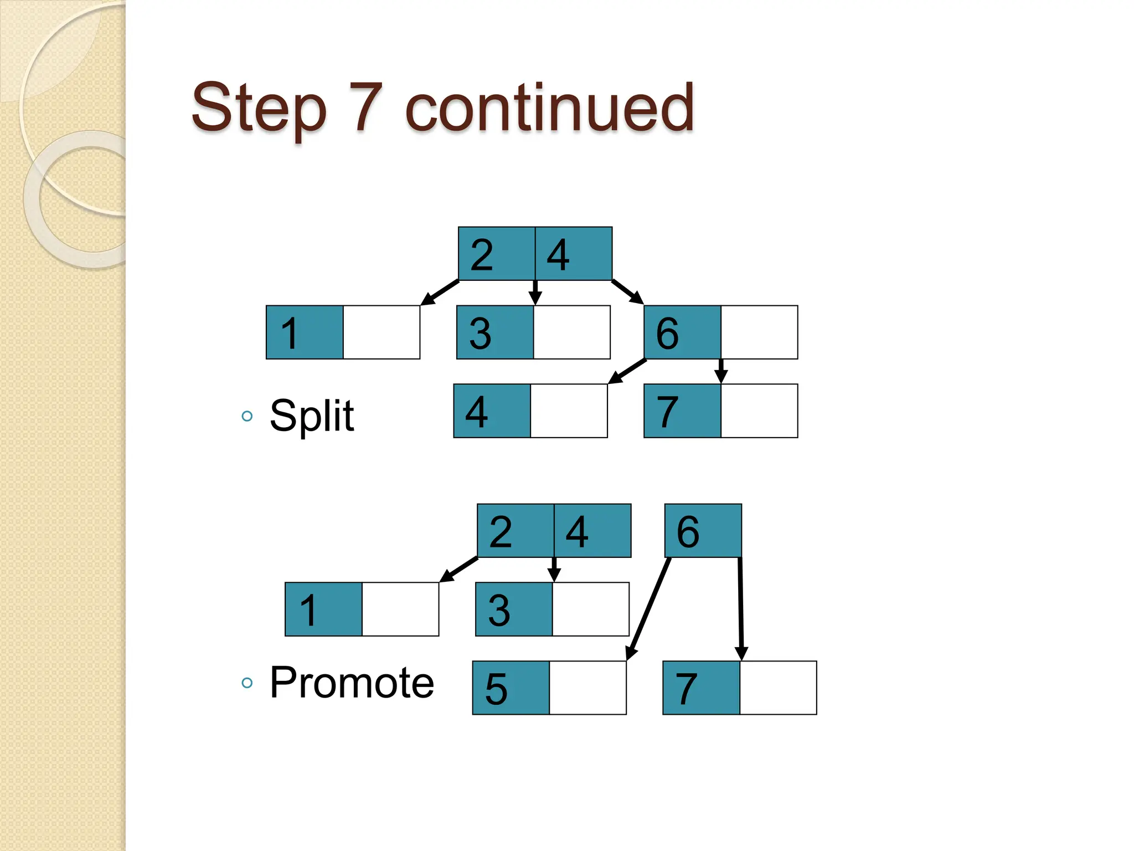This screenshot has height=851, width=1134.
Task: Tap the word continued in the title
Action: pyautogui.click(x=549, y=107)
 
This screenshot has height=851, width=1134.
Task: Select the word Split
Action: pyautogui.click(x=311, y=416)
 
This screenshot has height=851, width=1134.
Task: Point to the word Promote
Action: pyautogui.click(x=352, y=683)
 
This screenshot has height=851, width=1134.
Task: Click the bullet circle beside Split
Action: pyautogui.click(x=247, y=416)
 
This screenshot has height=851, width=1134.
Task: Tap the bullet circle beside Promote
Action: pyautogui.click(x=247, y=683)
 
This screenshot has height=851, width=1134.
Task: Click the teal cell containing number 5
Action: pyautogui.click(x=511, y=688)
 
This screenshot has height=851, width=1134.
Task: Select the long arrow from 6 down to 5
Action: pyautogui.click(x=649, y=608)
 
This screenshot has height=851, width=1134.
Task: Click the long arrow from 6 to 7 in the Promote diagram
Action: pyautogui.click(x=740, y=608)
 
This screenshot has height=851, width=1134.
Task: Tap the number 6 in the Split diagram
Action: pyautogui.click(x=667, y=334)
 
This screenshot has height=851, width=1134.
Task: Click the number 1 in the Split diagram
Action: pyautogui.click(x=290, y=334)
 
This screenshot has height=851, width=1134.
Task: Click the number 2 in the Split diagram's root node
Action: pyautogui.click(x=482, y=255)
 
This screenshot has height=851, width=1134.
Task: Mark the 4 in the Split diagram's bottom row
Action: pyautogui.click(x=477, y=412)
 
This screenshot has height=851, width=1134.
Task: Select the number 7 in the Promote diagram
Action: pyautogui.click(x=686, y=689)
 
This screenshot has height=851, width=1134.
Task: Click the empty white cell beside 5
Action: pyautogui.click(x=587, y=688)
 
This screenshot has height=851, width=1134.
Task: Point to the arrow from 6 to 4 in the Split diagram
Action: pyautogui.click(x=627, y=371)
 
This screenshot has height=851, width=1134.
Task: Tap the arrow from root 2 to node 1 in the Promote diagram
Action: pyautogui.click(x=459, y=570)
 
